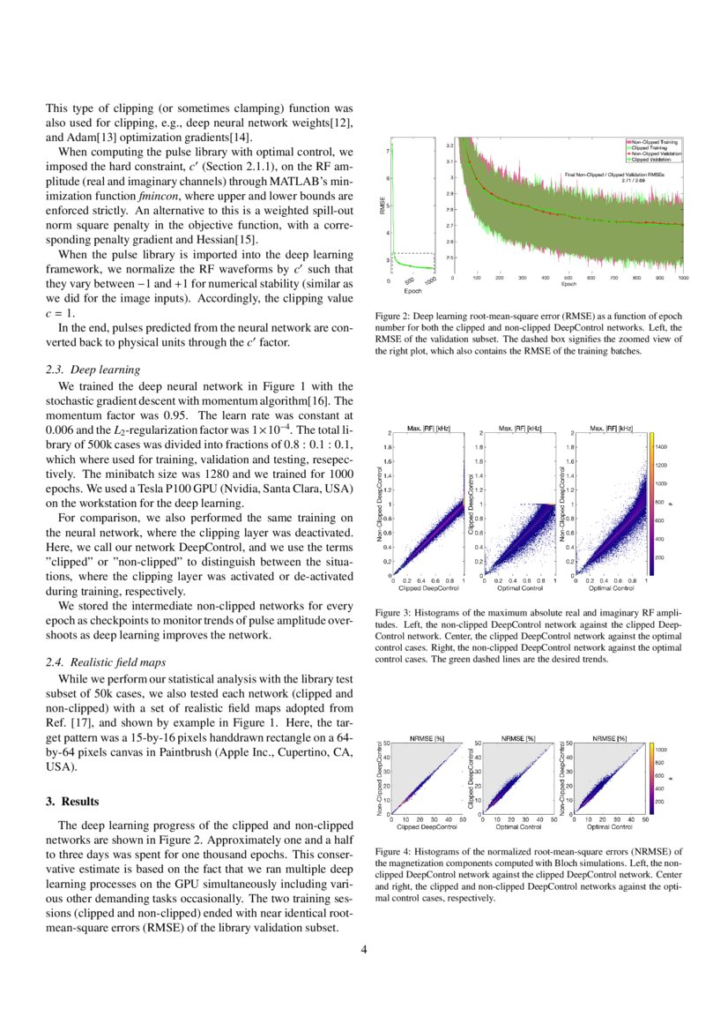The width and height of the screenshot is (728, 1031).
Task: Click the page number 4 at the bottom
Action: click(x=364, y=950)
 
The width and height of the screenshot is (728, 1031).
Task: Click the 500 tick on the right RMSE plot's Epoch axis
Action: click(x=568, y=277)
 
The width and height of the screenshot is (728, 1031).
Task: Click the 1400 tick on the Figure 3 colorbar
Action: click(x=661, y=448)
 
